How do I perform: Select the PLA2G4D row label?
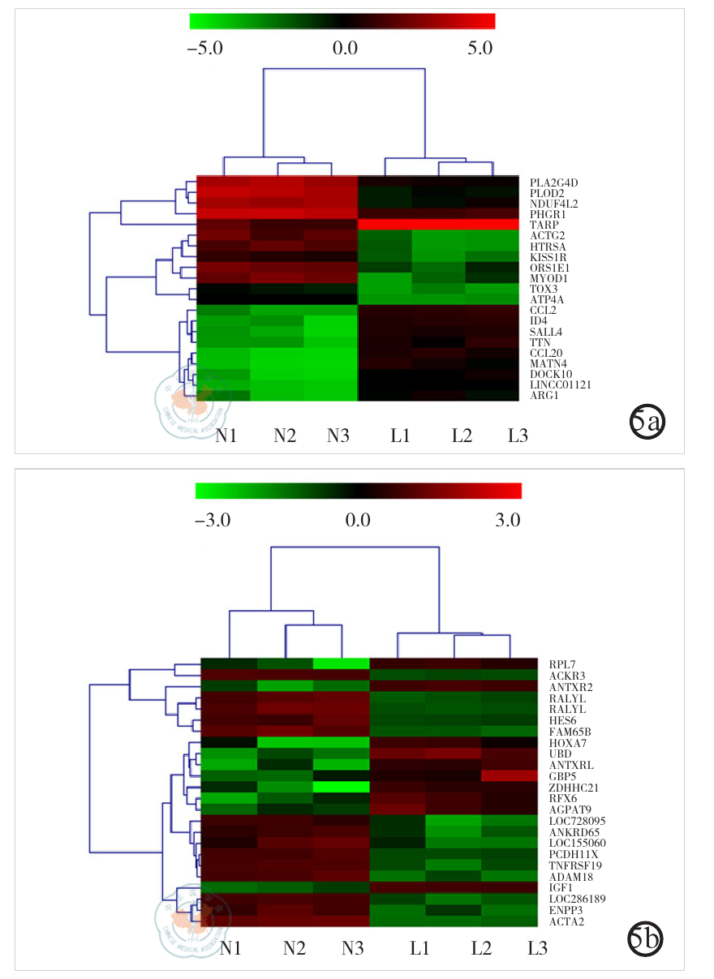pyautogui.click(x=553, y=182)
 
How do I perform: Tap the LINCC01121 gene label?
pyautogui.click(x=559, y=384)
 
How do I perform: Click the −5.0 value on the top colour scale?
pyautogui.click(x=205, y=49)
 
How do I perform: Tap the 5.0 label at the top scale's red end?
pyautogui.click(x=480, y=49)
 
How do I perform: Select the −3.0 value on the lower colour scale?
pyautogui.click(x=213, y=520)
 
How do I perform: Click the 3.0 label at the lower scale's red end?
pyautogui.click(x=508, y=520)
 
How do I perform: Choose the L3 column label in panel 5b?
pyautogui.click(x=537, y=948)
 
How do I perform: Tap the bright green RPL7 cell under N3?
pyautogui.click(x=341, y=663)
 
